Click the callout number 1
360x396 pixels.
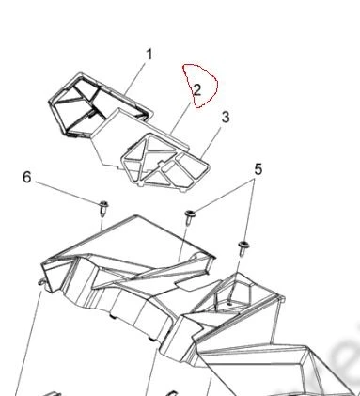(149, 55)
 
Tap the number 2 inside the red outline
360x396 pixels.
(197, 90)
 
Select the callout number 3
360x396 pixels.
(226, 118)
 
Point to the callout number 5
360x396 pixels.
(258, 169)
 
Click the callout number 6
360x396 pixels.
(27, 177)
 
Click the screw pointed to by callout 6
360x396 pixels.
(103, 208)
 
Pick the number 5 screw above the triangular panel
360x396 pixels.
(189, 217)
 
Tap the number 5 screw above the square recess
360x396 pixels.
(243, 247)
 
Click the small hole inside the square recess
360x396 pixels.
(229, 304)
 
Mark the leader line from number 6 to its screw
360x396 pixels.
(67, 192)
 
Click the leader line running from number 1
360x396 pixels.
(134, 78)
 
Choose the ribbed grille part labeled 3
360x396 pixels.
(165, 162)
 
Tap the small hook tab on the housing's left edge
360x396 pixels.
(41, 283)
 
